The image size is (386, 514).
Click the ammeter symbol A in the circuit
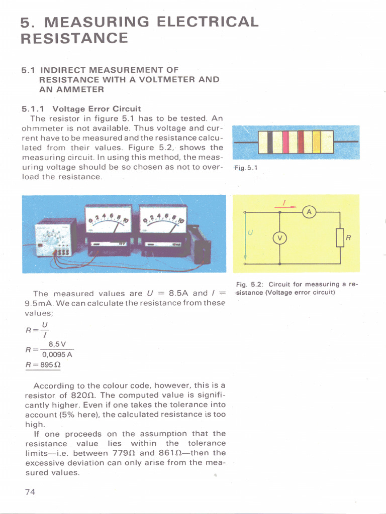coord(309,213)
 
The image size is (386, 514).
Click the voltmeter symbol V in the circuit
coord(279,238)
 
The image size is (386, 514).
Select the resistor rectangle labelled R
coord(340,237)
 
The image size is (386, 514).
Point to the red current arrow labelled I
coord(285,205)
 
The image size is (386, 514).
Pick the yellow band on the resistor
coord(317,142)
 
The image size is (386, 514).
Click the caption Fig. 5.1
coord(247,168)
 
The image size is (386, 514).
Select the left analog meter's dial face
coord(108,220)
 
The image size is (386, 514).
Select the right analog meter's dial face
coord(163,220)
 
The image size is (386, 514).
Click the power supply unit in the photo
coord(56,237)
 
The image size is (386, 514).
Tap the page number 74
coord(30,492)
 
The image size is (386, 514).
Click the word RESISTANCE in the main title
coord(74,38)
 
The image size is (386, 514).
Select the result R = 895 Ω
coord(43,365)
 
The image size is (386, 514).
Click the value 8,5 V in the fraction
coord(57,344)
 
